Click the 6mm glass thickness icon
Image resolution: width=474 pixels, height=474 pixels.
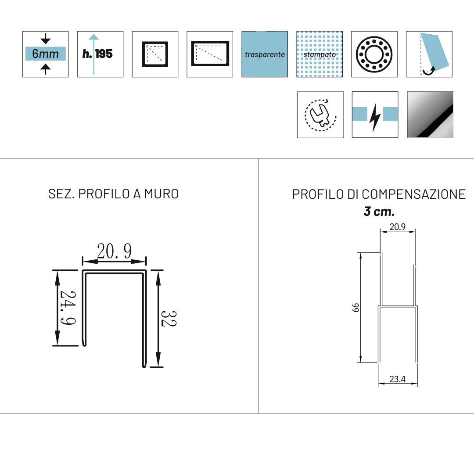(x=45, y=54)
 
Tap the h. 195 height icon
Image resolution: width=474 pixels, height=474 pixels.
(x=100, y=54)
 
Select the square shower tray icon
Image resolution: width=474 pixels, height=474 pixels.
(x=155, y=54)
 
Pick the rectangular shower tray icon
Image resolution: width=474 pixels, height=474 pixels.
(x=210, y=54)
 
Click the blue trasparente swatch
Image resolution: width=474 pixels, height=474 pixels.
(x=265, y=54)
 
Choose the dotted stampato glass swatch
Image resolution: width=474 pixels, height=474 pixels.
(x=320, y=54)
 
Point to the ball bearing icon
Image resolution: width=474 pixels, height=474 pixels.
(x=374, y=54)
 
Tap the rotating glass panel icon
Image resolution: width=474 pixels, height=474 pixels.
(x=429, y=54)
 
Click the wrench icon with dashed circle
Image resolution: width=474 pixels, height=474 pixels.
(x=320, y=115)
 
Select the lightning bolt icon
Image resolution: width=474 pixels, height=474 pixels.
(x=375, y=115)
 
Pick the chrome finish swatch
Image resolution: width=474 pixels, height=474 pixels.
(x=430, y=115)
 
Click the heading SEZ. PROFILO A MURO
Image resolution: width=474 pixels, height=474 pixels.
(x=113, y=194)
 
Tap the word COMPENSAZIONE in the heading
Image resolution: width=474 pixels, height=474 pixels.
(x=414, y=194)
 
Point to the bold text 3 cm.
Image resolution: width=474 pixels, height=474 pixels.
(x=379, y=212)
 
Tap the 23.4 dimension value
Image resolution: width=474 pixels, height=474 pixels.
(x=398, y=379)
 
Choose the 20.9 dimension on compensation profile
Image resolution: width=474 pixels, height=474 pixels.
(x=397, y=227)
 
